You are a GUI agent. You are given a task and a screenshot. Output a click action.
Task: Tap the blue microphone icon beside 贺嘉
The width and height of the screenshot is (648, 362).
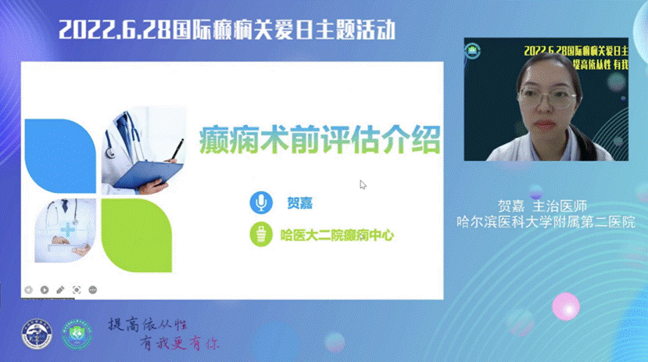click(x=260, y=203)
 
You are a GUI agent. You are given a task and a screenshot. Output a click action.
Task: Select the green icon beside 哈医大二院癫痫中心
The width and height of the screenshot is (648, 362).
click(x=260, y=233)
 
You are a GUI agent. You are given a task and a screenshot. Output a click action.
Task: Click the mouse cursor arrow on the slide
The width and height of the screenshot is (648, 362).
click(x=362, y=185)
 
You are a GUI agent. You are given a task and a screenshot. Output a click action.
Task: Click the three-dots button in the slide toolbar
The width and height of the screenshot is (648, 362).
click(x=92, y=289)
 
